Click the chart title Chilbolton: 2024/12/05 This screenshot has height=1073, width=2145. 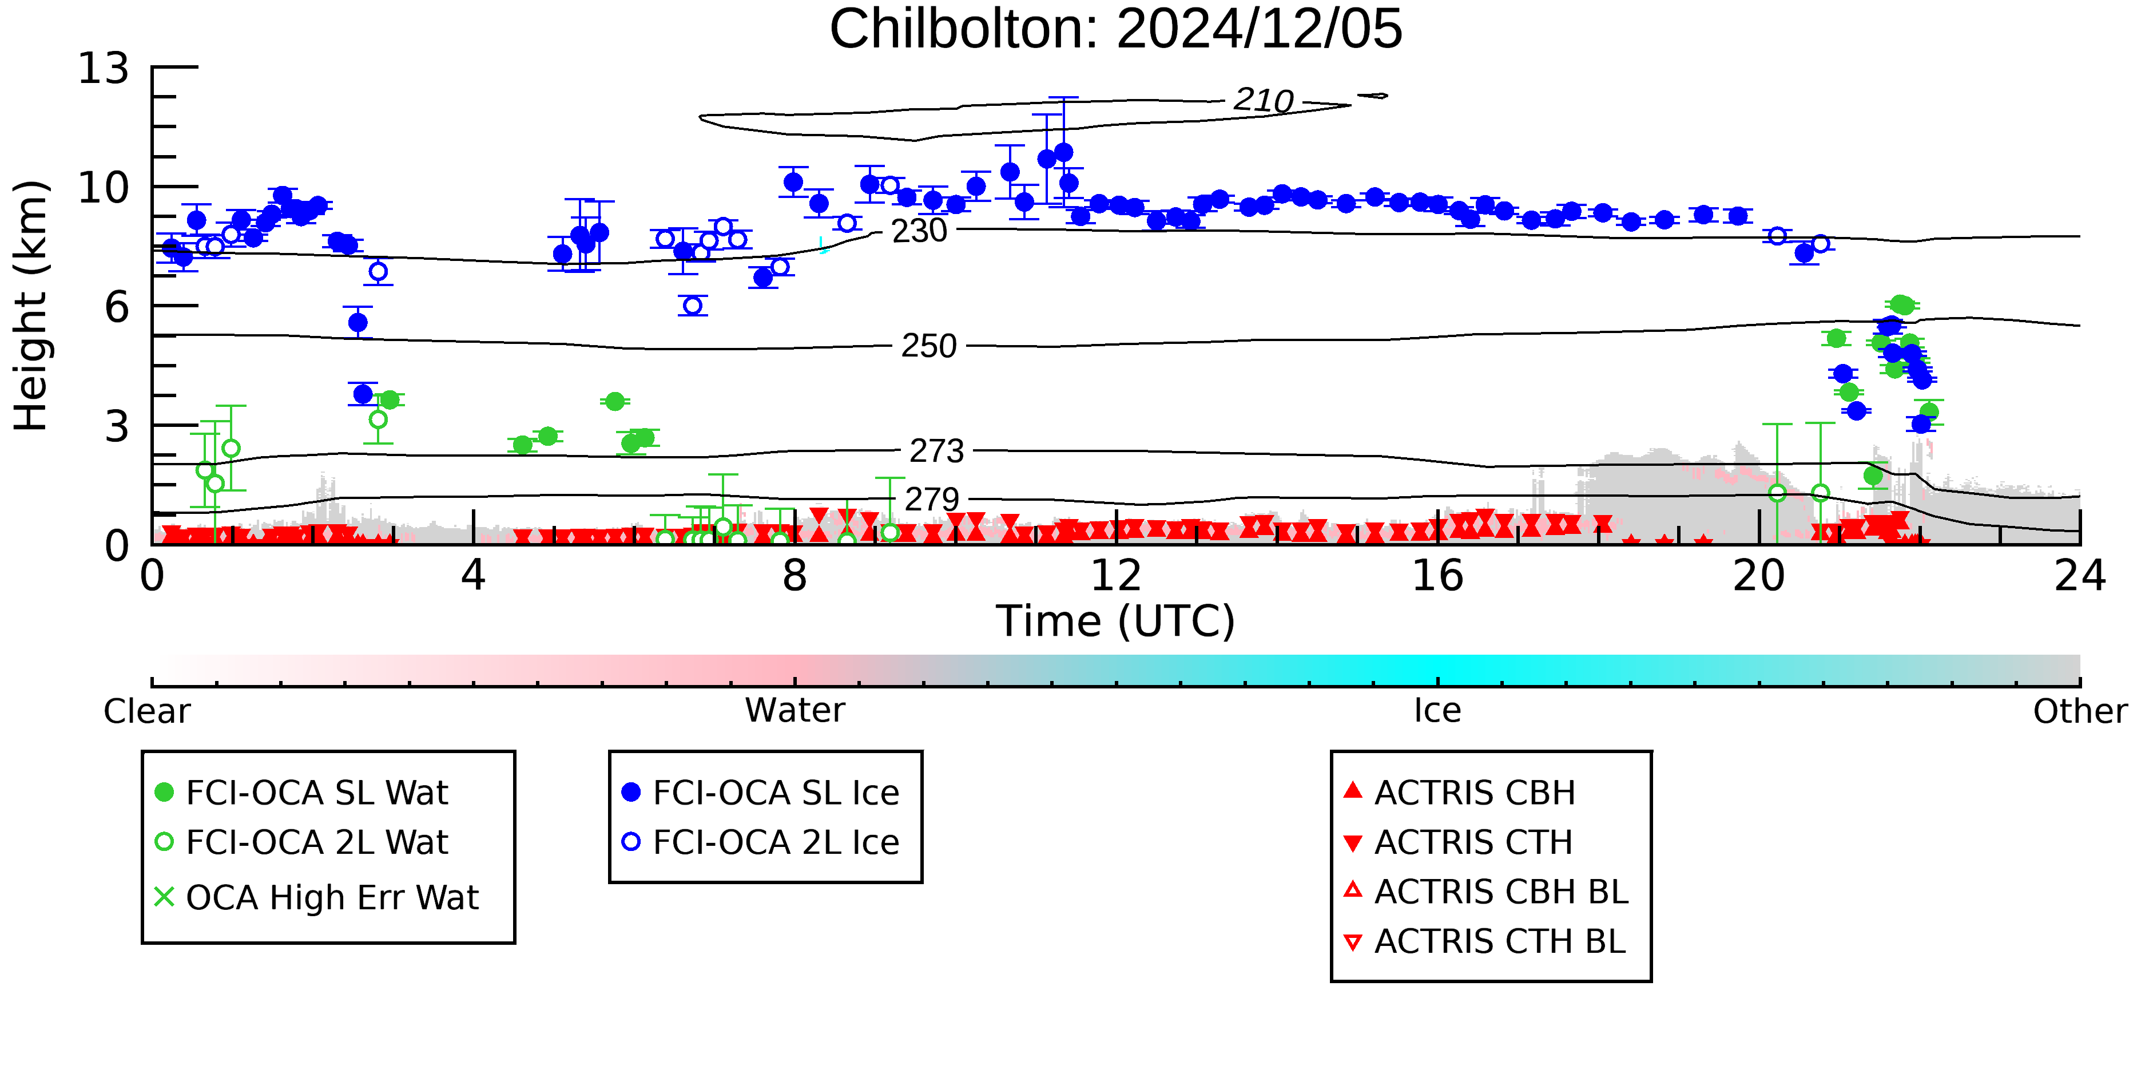1116,30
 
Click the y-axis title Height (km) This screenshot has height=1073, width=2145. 31,306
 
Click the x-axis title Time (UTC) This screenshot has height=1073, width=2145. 1116,621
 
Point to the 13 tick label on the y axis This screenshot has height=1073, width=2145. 104,68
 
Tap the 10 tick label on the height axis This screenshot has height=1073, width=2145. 104,188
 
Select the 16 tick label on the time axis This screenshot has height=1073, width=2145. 1437,576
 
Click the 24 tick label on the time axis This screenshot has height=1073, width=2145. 2080,576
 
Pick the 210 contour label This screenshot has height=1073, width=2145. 1263,101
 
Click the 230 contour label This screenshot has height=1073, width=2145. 919,231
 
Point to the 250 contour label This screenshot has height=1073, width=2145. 928,346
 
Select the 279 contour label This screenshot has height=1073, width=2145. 932,500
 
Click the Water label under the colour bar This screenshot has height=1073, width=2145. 795,711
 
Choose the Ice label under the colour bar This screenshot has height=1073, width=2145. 1437,711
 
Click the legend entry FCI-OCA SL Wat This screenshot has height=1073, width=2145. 301,792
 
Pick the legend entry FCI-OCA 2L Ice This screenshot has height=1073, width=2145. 760,842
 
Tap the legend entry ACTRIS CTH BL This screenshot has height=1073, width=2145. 1485,941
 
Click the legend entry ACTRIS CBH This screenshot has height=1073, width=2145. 1460,792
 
